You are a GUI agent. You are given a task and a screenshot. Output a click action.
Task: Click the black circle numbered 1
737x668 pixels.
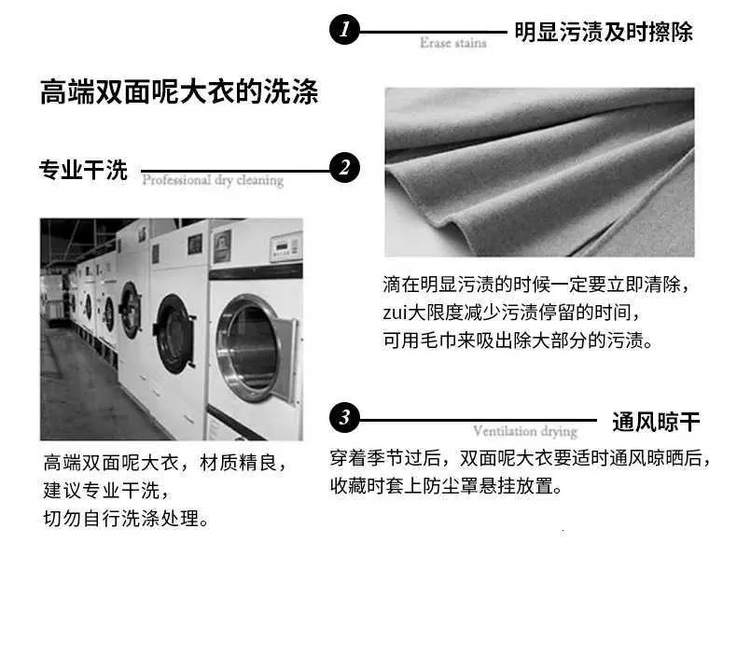[344, 30]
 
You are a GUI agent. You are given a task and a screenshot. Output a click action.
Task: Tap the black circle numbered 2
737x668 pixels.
[344, 168]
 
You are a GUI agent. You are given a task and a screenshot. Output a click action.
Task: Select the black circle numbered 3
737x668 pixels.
[344, 417]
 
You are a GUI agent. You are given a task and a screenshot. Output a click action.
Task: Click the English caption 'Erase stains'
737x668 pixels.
[453, 43]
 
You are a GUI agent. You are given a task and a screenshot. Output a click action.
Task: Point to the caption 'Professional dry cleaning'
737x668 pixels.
[213, 180]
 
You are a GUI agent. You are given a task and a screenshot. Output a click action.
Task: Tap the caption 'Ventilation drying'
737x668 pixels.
[525, 431]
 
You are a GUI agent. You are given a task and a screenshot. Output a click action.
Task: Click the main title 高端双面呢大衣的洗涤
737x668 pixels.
[179, 91]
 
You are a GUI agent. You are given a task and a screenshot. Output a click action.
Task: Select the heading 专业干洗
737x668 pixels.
[83, 170]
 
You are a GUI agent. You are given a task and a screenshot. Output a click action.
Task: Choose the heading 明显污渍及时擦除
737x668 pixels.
[604, 32]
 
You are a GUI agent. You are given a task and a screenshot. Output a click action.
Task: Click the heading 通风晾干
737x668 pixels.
[656, 422]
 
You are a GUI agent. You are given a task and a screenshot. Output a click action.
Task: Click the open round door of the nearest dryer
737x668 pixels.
[248, 348]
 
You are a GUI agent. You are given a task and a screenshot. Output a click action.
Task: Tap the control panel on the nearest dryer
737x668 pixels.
[285, 246]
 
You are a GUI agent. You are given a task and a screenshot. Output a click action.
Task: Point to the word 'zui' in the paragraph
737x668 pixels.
[395, 313]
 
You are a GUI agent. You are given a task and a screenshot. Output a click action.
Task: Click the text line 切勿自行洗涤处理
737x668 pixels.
[126, 519]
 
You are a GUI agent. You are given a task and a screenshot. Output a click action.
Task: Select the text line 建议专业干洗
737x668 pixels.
[105, 491]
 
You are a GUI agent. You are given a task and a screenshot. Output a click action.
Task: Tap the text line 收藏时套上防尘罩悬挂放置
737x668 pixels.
[446, 485]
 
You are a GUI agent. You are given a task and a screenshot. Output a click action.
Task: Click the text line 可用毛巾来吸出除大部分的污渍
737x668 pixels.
[518, 341]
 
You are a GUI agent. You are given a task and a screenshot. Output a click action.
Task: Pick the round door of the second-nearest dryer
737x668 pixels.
[174, 334]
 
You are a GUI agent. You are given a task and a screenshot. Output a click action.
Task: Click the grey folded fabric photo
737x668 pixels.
[539, 172]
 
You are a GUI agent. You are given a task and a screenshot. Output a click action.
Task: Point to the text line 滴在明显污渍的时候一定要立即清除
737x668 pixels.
[535, 285]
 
